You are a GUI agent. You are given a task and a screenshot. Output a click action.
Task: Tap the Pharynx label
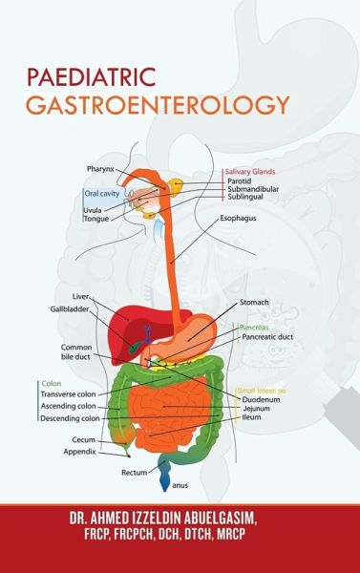(x=100, y=169)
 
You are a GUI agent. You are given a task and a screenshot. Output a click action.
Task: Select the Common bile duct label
(x=76, y=351)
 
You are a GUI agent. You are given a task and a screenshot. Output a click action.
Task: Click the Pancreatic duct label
(x=270, y=337)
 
